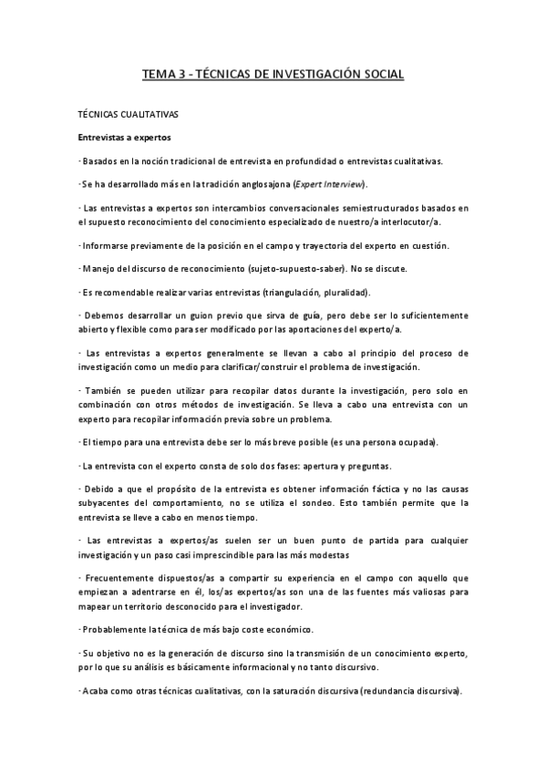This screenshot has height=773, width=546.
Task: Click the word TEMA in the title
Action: (x=159, y=75)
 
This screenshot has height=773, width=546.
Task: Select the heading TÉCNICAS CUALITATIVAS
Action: (x=128, y=117)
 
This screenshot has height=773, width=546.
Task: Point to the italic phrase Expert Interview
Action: (x=327, y=184)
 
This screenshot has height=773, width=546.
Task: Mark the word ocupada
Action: (x=415, y=442)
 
